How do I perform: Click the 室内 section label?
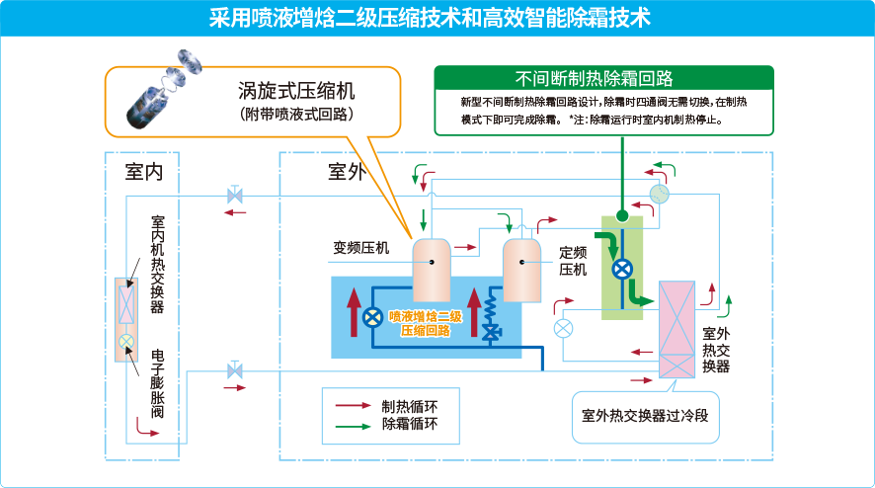144,171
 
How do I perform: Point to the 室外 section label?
347,171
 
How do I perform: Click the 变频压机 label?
361,247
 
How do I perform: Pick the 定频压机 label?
573,260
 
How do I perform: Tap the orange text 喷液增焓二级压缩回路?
426,323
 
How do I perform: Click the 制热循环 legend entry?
409,405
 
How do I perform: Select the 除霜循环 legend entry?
409,425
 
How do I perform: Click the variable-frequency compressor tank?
432,270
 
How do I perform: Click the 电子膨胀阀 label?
158,393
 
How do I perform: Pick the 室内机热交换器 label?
158,264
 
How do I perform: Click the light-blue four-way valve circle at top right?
659,193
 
